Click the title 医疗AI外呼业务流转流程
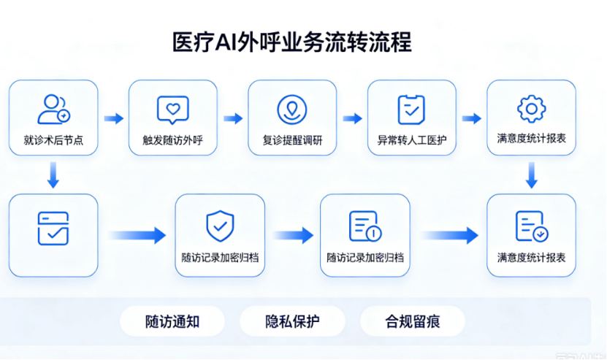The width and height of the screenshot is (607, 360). click(292, 42)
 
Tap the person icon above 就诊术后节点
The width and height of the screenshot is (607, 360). click(53, 109)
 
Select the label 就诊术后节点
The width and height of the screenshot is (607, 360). click(53, 139)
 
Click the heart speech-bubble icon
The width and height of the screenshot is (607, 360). click(172, 110)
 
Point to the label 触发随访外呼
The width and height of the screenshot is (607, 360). click(172, 139)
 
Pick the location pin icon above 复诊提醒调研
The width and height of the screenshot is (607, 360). click(292, 110)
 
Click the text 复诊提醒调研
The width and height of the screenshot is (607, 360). click(292, 139)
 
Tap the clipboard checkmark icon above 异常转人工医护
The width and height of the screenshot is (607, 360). click(411, 110)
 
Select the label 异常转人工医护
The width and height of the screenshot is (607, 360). click(412, 139)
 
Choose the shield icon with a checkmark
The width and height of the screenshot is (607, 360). click(220, 226)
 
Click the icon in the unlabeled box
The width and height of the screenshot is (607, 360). click(53, 229)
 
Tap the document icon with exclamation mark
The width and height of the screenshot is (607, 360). click(365, 226)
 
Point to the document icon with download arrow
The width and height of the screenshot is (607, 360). click(532, 226)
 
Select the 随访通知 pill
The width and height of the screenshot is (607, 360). click(172, 321)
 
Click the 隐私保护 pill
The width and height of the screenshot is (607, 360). click(292, 321)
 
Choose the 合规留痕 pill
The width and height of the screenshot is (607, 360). click(413, 321)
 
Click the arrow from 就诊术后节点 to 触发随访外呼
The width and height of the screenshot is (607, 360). click(114, 118)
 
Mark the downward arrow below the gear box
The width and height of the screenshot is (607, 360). click(532, 175)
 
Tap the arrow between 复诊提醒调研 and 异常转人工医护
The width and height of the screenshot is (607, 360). click(352, 118)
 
